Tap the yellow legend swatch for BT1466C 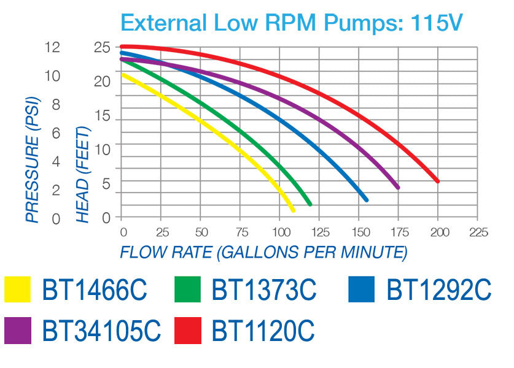click(x=17, y=289)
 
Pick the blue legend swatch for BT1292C click(x=362, y=289)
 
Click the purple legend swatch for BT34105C click(x=17, y=331)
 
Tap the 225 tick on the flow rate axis click(x=478, y=232)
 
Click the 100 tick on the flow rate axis click(x=279, y=232)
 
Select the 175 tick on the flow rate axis click(x=399, y=232)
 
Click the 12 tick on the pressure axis click(x=54, y=47)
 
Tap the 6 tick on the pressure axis click(x=56, y=133)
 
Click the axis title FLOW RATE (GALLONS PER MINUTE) click(x=263, y=251)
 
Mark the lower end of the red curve click(x=437, y=181)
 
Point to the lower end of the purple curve click(x=398, y=187)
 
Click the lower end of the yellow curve click(x=292, y=210)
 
